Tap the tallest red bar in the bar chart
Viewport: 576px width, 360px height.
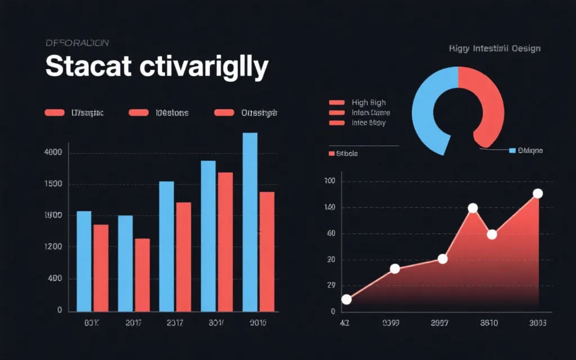tap(225, 242)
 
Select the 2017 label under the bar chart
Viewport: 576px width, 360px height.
tap(133, 323)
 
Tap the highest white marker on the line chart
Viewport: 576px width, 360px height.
tap(537, 193)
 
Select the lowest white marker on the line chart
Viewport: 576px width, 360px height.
tap(346, 299)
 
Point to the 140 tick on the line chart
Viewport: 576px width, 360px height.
tap(330, 208)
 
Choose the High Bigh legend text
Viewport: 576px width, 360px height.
tap(368, 102)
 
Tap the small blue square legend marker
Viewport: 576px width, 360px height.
tap(512, 151)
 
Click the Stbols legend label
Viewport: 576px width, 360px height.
tap(346, 153)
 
